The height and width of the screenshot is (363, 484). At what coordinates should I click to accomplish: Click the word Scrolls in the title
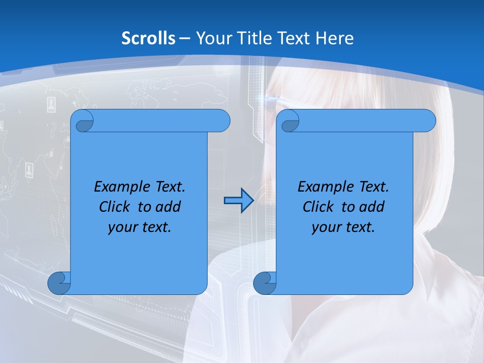coord(149,38)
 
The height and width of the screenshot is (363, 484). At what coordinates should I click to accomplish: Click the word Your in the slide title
coord(212,38)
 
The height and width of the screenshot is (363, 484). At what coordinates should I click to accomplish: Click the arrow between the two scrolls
coord(238,201)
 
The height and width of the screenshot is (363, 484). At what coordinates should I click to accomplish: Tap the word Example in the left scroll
coord(120,187)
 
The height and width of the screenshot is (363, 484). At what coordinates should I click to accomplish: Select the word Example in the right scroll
coord(324,187)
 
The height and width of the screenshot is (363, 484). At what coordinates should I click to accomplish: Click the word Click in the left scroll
coord(114,207)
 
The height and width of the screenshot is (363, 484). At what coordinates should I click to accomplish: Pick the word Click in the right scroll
coord(318,207)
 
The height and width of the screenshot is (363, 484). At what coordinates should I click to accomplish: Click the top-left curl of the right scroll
coord(289,122)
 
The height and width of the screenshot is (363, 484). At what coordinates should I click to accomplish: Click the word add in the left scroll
coord(169,207)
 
